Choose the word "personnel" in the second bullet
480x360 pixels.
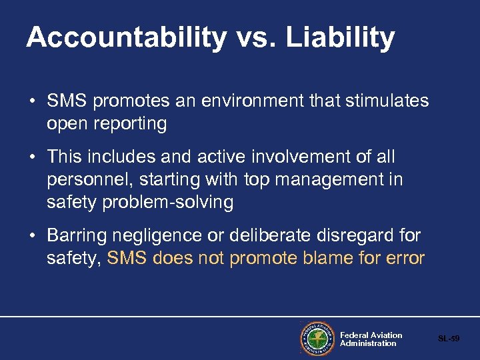coord(87,180)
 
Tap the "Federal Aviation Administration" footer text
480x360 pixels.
coord(371,339)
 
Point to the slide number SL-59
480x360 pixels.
coord(449,339)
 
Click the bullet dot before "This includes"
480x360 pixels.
coord(32,158)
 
